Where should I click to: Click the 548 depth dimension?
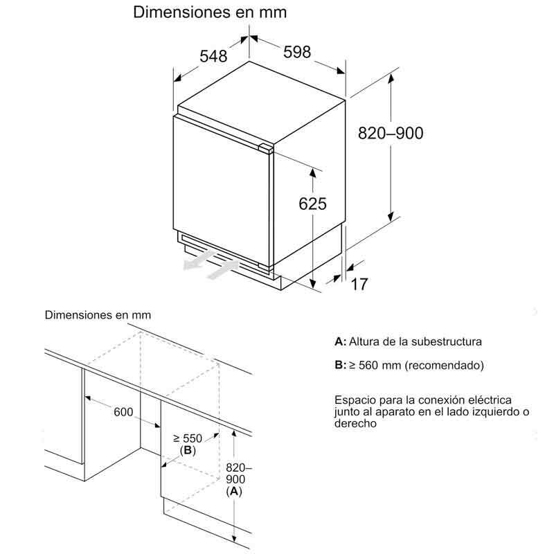213,57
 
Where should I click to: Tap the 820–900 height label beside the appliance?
390,134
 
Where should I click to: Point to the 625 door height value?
312,204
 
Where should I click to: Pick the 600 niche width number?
123,412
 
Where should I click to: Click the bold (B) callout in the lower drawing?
187,451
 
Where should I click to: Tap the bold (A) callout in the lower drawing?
235,492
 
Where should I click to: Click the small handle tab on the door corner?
265,147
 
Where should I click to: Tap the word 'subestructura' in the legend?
448,341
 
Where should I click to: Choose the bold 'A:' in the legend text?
340,341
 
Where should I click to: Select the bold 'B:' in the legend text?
340,365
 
